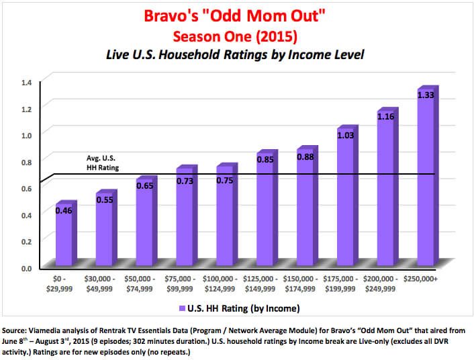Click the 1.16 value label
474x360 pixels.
(385, 117)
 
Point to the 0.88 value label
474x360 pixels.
(305, 157)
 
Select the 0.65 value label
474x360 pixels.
(145, 186)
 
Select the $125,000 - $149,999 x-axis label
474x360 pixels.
(265, 283)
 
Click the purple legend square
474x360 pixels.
(181, 308)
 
